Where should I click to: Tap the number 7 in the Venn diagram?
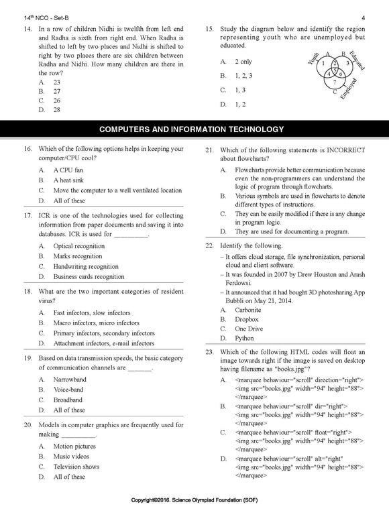point(335,81)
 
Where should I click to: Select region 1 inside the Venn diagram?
point(323,64)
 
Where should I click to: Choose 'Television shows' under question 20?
point(76,467)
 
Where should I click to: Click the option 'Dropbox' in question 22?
point(247,320)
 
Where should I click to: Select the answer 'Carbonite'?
point(248,310)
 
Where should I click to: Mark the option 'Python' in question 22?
point(245,339)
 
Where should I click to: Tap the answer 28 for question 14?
point(56,109)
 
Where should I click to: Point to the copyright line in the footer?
point(194,500)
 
